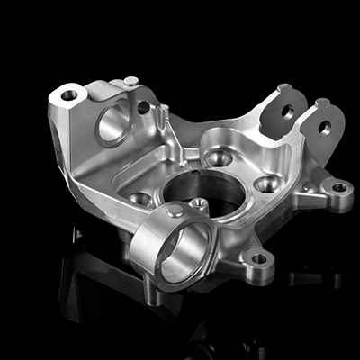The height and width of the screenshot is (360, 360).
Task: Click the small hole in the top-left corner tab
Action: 69,94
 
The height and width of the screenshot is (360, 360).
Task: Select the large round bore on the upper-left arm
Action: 112,124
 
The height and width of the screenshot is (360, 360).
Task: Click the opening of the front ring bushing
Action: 184,248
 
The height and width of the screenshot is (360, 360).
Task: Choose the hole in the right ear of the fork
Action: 324,127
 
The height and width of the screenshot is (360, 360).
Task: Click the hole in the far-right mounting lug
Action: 338,188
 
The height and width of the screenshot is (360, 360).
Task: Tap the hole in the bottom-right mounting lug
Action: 259,259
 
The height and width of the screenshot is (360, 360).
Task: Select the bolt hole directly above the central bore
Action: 217,157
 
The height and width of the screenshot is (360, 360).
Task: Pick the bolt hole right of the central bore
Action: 266,184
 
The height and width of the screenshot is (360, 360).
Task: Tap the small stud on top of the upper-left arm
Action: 131,82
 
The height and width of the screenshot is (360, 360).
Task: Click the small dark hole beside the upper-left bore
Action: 143,107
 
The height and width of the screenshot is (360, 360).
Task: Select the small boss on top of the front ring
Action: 174,210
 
